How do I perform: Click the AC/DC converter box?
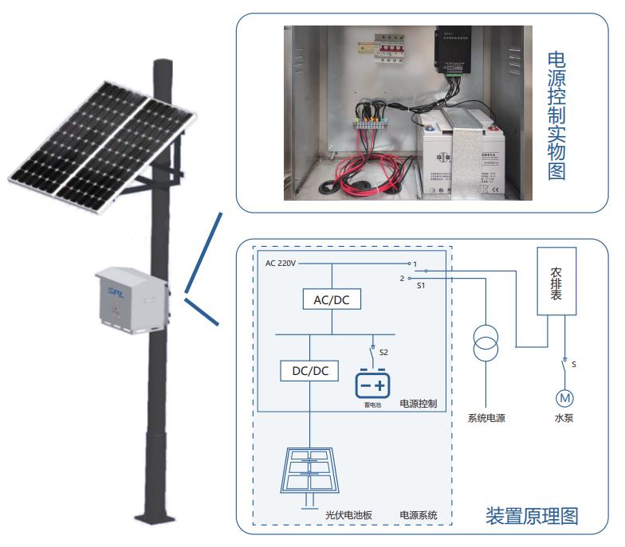pos(332,299)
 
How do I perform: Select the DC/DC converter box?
pos(310,371)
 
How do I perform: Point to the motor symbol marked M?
pos(564,397)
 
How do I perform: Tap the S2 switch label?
pos(383,351)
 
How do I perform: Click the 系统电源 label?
pos(486,418)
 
